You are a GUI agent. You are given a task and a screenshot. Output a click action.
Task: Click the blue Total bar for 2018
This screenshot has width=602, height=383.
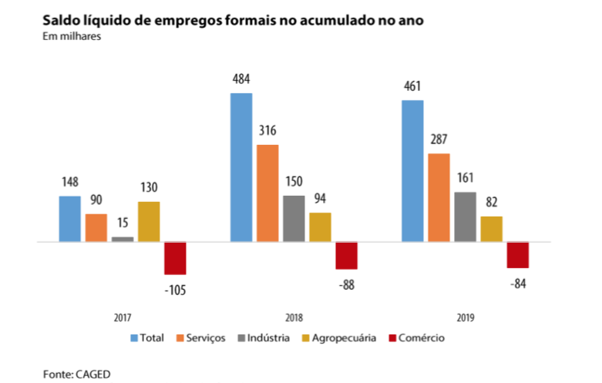pyautogui.click(x=240, y=167)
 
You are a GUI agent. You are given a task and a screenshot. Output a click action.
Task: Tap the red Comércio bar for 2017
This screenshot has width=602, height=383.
pyautogui.click(x=175, y=258)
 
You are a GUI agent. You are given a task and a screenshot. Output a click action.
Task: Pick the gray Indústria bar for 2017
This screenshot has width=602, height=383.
pyautogui.click(x=123, y=239)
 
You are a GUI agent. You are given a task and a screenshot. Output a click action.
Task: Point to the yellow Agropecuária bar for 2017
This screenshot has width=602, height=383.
pyautogui.click(x=149, y=222)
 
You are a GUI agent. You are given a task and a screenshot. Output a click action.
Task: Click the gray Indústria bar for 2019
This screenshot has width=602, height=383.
pyautogui.click(x=466, y=217)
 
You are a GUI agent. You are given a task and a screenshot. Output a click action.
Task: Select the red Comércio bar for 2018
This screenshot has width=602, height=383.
pyautogui.click(x=346, y=255)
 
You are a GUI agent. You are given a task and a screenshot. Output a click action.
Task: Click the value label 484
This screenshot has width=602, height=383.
pyautogui.click(x=240, y=79)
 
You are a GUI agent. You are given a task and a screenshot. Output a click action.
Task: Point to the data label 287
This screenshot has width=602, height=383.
pyautogui.click(x=439, y=139)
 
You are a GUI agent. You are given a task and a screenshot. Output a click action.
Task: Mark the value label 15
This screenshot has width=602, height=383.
pyautogui.click(x=122, y=223)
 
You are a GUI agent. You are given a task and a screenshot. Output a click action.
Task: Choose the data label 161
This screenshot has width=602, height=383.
pyautogui.click(x=466, y=178)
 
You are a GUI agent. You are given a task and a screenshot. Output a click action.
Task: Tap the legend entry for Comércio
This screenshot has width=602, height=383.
pyautogui.click(x=420, y=338)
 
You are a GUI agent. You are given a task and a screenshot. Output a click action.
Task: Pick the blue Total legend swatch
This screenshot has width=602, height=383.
pyautogui.click(x=133, y=338)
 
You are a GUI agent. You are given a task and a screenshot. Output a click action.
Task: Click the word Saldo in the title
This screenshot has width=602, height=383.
pyautogui.click(x=62, y=18)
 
